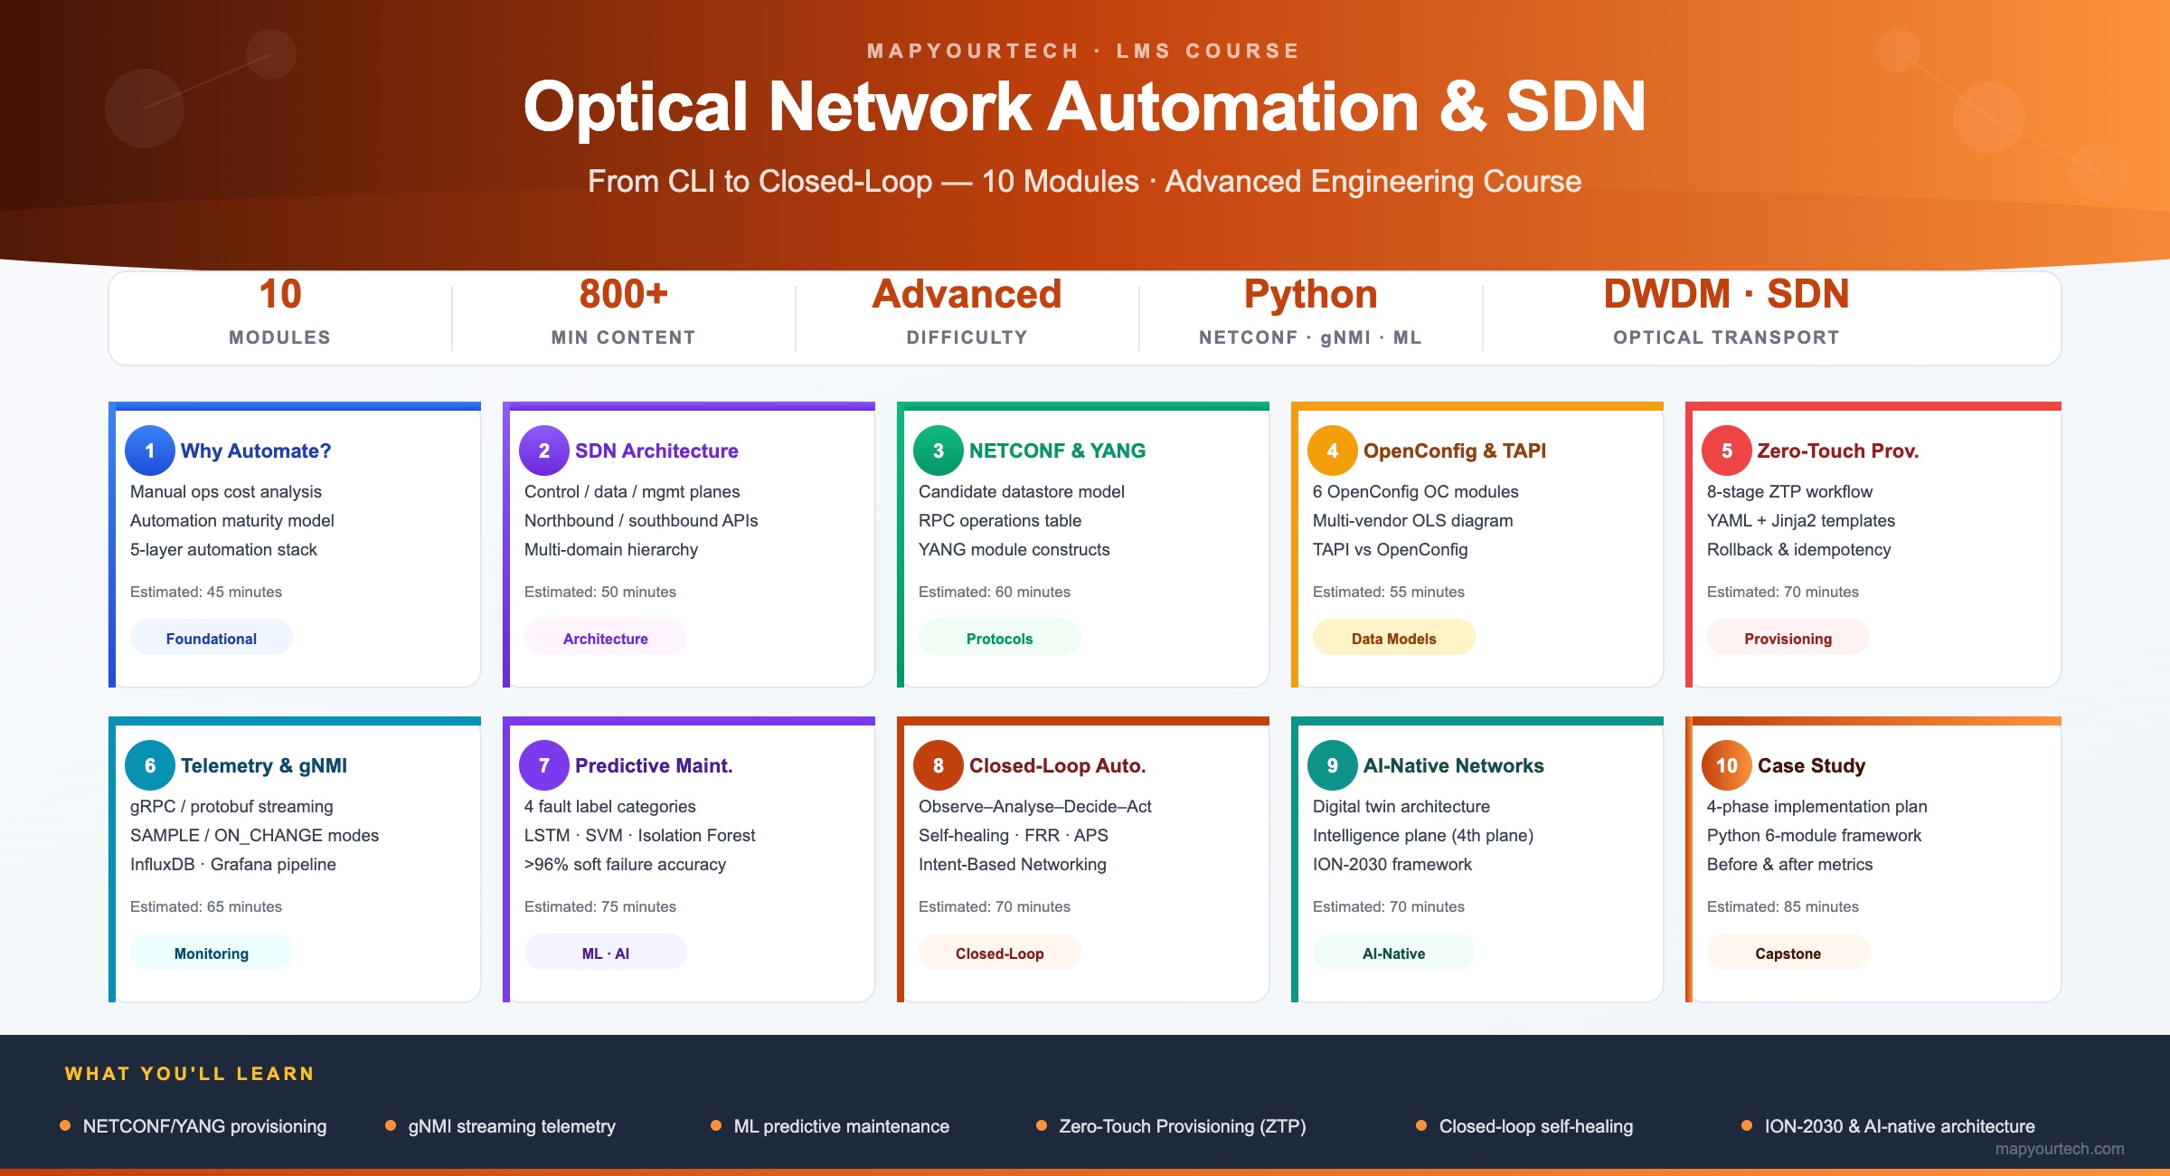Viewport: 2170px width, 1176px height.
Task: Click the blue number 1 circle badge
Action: pos(150,450)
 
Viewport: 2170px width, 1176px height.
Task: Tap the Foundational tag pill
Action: pos(212,638)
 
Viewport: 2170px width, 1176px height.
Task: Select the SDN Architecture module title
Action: pos(656,450)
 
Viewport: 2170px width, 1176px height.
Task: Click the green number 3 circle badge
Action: pos(939,450)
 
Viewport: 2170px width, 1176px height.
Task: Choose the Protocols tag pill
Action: pos(1000,638)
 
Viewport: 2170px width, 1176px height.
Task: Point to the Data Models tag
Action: pos(1394,638)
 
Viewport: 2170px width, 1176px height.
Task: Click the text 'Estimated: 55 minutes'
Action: pos(1389,592)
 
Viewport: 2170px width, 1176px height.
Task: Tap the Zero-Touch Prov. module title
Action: pos(1838,450)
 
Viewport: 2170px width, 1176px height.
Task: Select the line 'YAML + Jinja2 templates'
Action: pos(1801,520)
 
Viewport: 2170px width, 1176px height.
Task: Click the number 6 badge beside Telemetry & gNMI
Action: pos(150,765)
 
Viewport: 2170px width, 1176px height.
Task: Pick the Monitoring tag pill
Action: pos(212,953)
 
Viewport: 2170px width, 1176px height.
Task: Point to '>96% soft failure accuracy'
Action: pos(625,864)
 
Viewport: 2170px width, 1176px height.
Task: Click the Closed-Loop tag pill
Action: pos(1000,953)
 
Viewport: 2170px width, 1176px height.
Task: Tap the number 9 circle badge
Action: pos(1333,765)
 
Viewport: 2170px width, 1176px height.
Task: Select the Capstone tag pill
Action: pos(1788,953)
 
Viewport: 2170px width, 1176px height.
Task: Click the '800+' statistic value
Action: pos(624,294)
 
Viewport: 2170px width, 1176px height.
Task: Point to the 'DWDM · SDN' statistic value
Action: pos(1727,294)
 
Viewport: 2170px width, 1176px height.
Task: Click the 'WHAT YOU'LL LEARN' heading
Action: pos(190,1074)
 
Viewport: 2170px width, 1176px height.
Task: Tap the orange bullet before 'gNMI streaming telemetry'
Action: pos(391,1125)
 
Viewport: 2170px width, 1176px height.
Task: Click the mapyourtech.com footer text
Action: pos(2060,1149)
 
